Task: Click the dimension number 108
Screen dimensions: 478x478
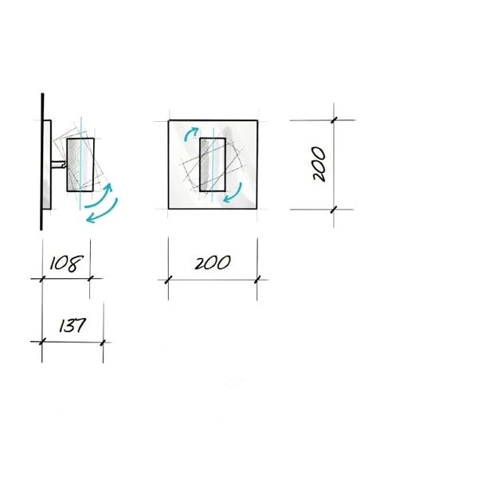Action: coord(66,264)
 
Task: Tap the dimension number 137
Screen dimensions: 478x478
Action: coord(72,325)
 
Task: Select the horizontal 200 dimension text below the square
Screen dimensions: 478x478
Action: coord(213,263)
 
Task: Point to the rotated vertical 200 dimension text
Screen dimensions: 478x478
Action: coord(319,164)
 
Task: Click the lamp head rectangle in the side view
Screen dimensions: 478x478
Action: coord(80,165)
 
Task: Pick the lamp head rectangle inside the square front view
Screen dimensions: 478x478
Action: coord(213,165)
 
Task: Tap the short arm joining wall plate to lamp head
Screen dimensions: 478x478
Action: coord(59,165)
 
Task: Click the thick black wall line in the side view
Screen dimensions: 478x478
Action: coord(41,162)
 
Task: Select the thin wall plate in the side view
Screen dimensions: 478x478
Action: coord(47,165)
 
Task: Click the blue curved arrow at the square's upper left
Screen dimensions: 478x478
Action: coord(190,133)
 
